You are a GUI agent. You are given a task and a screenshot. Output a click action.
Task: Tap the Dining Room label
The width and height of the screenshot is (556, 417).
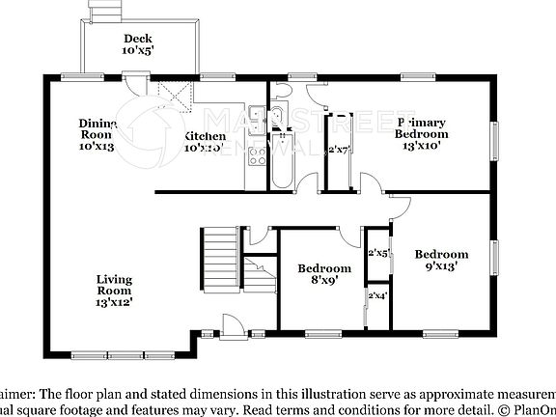coord(97,129)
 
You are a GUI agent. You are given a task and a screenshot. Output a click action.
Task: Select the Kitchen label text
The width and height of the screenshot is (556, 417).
coord(205,136)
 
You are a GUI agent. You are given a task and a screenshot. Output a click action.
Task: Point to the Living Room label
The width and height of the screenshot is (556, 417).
coord(114,286)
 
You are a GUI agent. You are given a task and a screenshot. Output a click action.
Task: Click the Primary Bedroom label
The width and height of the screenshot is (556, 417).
coord(421,128)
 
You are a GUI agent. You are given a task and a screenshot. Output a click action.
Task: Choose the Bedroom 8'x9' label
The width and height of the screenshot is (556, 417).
coord(323,274)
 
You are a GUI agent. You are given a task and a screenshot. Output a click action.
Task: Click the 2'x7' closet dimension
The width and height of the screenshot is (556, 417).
coord(338,150)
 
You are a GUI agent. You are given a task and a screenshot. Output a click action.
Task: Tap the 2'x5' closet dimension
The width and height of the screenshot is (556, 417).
coord(378,253)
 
